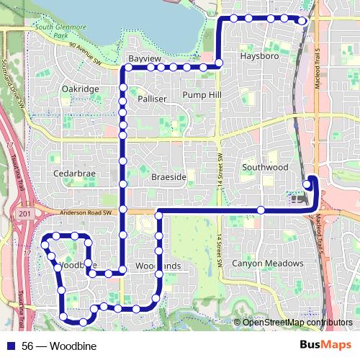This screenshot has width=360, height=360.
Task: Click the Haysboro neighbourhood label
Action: point(259,55)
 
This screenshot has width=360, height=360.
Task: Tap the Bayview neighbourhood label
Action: point(142,57)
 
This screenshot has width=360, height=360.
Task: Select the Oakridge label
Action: point(80,89)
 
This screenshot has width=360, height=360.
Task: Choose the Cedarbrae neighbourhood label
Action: point(74,174)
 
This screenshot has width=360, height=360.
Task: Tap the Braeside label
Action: point(169,176)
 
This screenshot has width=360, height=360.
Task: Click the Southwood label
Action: point(265,167)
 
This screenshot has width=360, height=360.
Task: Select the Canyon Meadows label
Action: point(268,264)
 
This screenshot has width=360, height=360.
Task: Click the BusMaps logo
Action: point(325,345)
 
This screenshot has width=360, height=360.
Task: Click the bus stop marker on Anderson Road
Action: point(261,210)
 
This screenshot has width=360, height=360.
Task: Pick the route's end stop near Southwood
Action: point(308,184)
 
